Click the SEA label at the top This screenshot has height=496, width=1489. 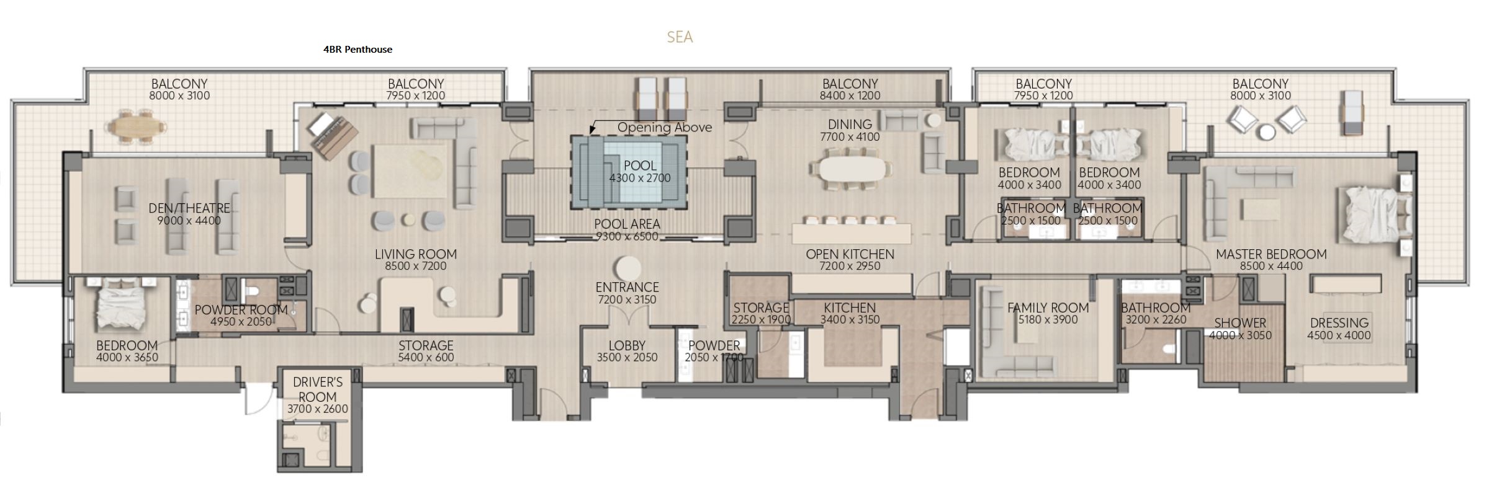[x=680, y=37]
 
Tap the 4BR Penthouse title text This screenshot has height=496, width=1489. [x=358, y=50]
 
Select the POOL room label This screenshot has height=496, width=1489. [x=640, y=166]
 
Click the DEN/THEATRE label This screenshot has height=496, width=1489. [x=189, y=208]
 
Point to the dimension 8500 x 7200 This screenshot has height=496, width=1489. [x=415, y=266]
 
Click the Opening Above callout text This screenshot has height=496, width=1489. [x=664, y=128]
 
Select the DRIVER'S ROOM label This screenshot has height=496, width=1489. [x=317, y=389]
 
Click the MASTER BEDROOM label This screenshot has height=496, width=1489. [x=1271, y=254]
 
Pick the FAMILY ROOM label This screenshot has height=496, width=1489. [x=1048, y=308]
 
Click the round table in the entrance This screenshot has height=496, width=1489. [x=628, y=268]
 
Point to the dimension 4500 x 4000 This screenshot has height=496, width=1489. [x=1339, y=335]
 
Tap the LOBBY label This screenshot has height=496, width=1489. [x=627, y=345]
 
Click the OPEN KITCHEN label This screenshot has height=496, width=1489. [x=850, y=254]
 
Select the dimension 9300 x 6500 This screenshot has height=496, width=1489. [x=627, y=236]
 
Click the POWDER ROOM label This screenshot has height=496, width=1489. [x=241, y=310]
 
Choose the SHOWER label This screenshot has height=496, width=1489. [x=1240, y=323]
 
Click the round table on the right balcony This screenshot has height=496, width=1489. [x=1267, y=132]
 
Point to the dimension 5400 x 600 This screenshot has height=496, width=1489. [x=426, y=358]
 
